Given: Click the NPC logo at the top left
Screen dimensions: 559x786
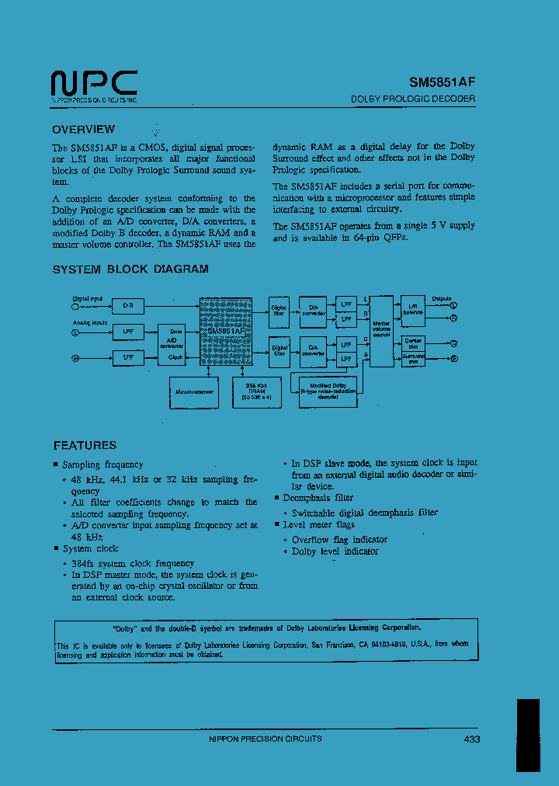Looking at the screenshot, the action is tap(94, 83).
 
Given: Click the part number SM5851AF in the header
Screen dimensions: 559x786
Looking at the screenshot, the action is tap(442, 81).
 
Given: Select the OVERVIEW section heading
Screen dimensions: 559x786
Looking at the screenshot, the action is tap(83, 130).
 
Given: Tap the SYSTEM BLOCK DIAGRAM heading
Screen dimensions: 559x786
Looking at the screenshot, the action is tap(130, 270).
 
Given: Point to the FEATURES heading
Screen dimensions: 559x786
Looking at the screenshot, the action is tap(85, 446).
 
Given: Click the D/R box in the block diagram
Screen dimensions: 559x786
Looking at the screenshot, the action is tap(128, 306).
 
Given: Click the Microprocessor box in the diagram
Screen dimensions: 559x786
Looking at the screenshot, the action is tap(195, 392).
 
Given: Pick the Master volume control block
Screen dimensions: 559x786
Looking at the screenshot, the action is tap(381, 331).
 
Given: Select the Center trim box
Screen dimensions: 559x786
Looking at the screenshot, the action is tap(413, 342).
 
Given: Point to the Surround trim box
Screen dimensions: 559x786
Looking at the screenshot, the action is tap(413, 358).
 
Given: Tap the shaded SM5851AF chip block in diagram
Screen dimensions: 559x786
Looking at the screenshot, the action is tap(226, 334).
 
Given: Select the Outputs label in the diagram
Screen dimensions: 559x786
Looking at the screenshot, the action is tap(442, 298).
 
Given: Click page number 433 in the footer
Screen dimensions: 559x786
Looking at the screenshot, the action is tap(472, 739).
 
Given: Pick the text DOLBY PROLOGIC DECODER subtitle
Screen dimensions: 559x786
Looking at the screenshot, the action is tap(413, 99).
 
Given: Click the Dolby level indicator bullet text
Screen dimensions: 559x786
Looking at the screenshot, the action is tap(335, 551).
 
